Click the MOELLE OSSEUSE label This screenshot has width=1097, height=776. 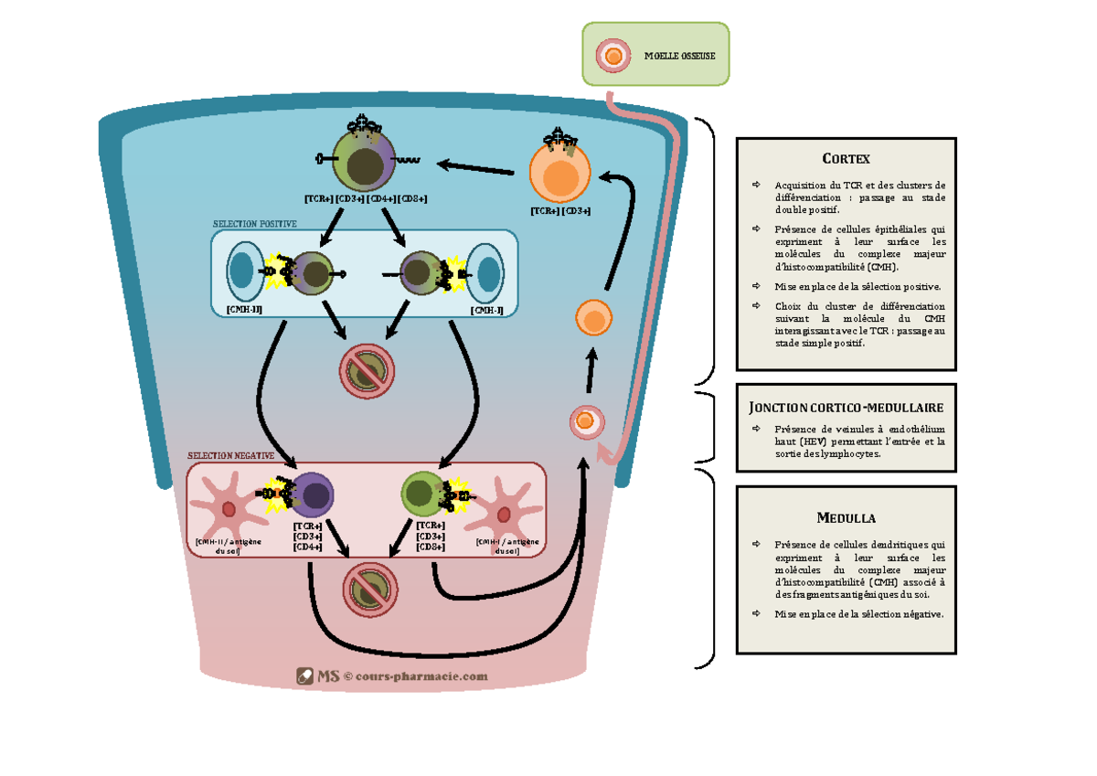point(679,56)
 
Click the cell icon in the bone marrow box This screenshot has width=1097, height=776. point(612,56)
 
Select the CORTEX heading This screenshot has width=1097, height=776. point(846,159)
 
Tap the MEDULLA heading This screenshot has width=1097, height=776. point(846,518)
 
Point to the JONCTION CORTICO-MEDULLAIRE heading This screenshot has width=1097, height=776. point(846,408)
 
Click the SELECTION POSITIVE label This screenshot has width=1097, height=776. point(255,224)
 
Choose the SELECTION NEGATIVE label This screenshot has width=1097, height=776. point(230,455)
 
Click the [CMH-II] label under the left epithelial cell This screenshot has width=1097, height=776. point(244,310)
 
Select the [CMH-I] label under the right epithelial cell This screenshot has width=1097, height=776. point(485,310)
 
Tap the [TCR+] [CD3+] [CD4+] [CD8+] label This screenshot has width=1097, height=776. point(366,198)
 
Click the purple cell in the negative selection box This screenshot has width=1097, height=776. point(313,496)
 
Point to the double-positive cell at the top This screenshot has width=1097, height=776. point(365,163)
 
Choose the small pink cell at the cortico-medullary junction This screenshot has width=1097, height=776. point(586,421)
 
